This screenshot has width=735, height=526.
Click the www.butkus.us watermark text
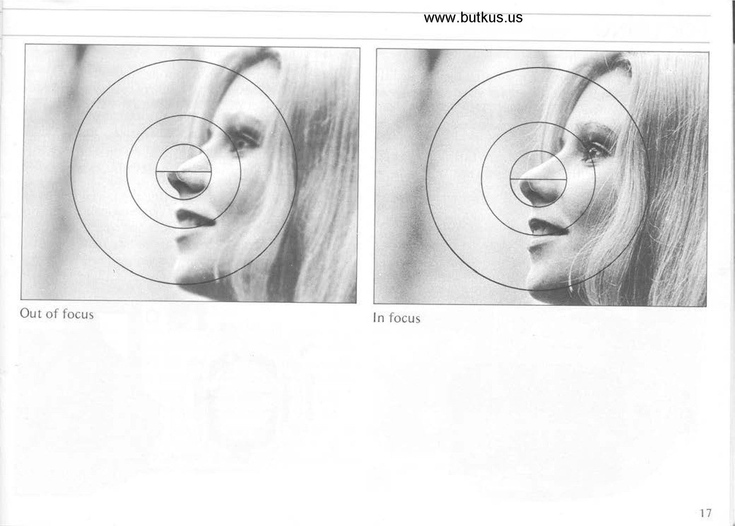(x=473, y=17)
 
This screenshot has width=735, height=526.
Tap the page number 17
(x=705, y=513)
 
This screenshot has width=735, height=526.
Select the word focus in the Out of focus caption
(x=78, y=314)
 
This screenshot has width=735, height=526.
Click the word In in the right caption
(x=379, y=317)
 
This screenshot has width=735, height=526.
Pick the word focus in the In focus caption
(x=404, y=318)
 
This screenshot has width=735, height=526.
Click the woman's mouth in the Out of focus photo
(x=193, y=218)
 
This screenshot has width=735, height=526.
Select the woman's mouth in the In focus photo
(x=546, y=227)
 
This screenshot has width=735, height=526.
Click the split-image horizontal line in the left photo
(x=183, y=172)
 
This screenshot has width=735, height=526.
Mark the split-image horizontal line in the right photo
(x=538, y=180)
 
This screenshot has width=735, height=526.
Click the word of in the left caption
(x=52, y=314)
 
